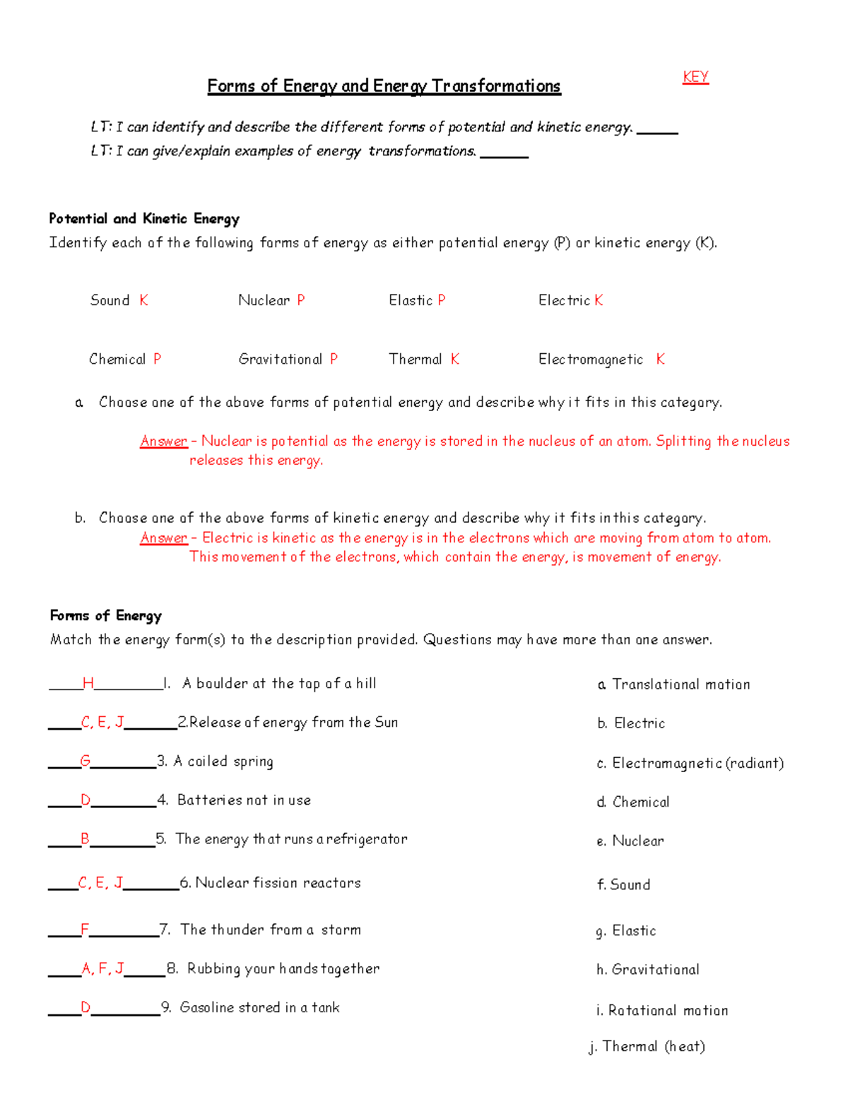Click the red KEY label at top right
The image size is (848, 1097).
695,77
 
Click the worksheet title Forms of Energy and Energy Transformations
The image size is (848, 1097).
384,86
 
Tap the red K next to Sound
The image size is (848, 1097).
143,300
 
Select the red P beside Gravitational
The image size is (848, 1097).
334,359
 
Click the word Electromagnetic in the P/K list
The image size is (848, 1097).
591,360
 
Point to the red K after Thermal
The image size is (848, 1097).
455,359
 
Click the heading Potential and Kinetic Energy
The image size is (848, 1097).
144,219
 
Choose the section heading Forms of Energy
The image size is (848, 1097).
106,615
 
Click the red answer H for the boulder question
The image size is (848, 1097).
88,683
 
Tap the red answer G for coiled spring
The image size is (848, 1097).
86,761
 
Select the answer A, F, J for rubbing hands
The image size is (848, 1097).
102,968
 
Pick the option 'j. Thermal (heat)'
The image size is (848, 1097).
647,1046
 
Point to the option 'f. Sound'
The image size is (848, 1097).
623,884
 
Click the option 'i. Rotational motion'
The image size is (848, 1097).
661,1010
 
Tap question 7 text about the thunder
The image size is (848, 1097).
270,930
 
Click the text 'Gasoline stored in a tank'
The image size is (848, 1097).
259,1007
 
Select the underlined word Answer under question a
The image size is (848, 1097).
164,441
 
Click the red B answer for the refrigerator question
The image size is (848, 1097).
85,838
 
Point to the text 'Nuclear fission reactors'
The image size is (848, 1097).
278,883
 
